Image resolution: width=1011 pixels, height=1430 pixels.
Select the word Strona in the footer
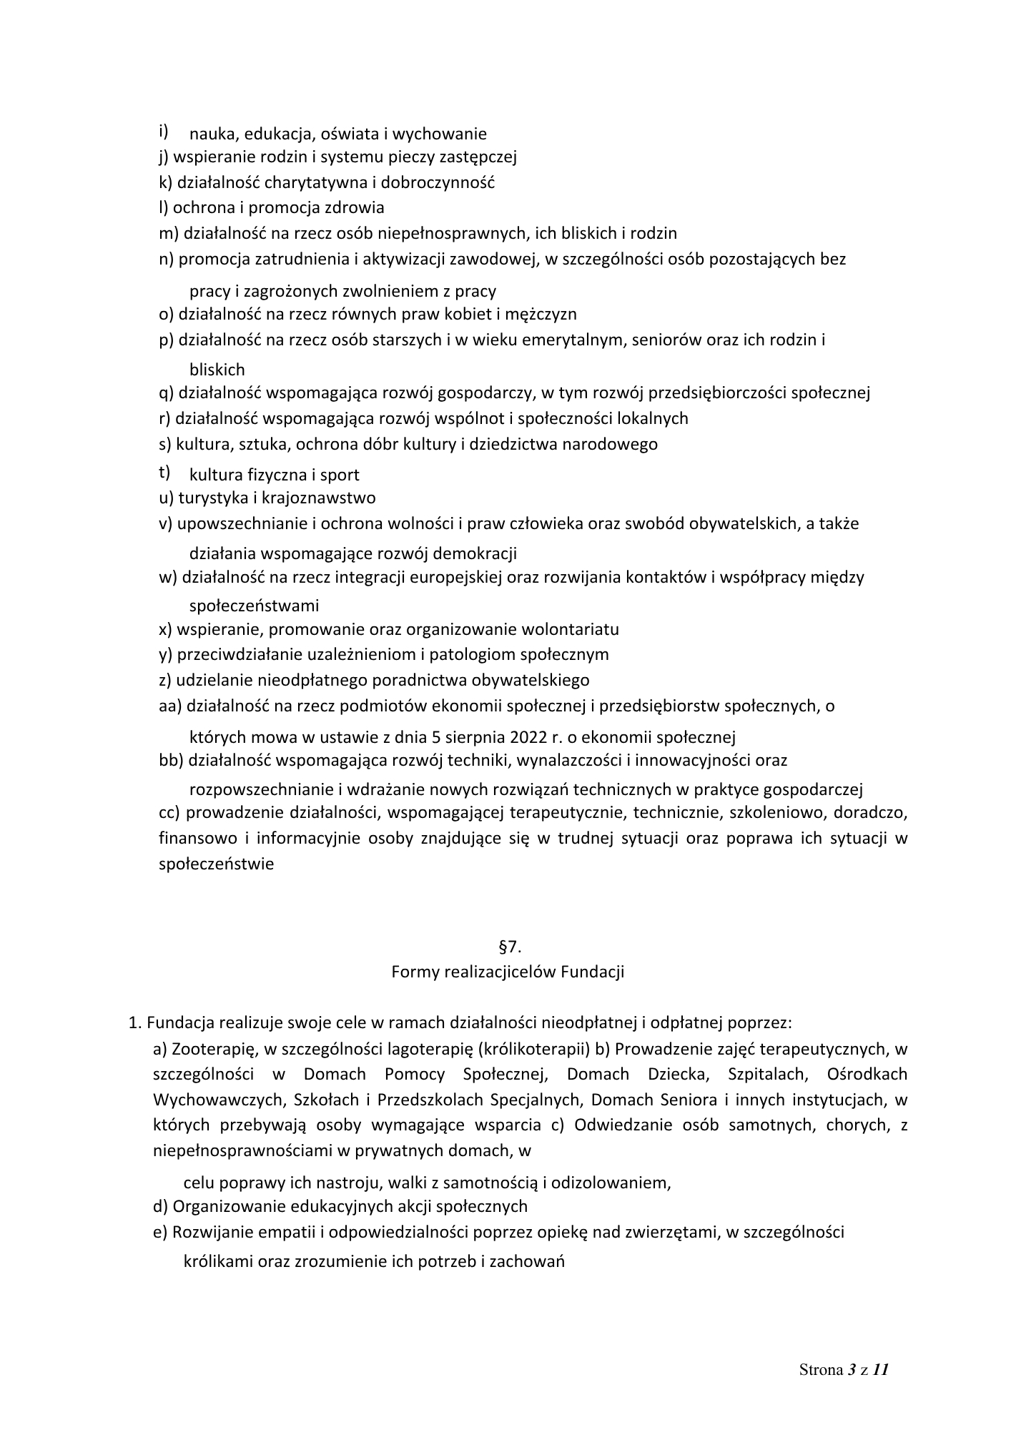point(821,1371)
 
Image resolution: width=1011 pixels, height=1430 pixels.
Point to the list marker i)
point(164,131)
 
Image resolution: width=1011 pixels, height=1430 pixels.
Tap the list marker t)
point(164,472)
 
